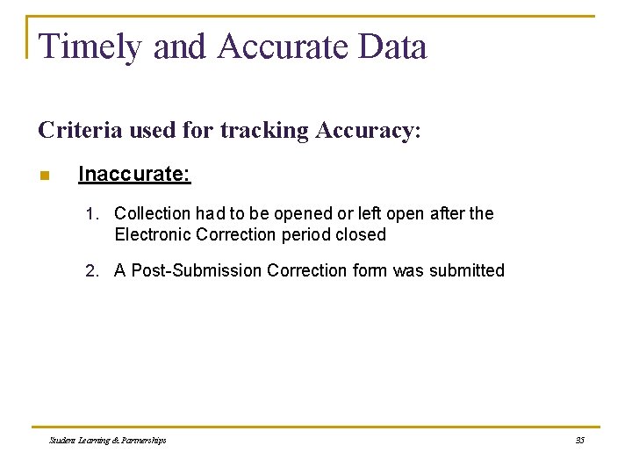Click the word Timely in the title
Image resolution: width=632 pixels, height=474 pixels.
point(90,47)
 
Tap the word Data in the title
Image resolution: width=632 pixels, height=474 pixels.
point(394,47)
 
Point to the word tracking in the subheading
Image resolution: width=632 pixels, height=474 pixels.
point(264,131)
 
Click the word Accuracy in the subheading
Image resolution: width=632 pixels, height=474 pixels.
point(367,131)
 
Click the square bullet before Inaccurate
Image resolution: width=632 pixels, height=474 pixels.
point(45,176)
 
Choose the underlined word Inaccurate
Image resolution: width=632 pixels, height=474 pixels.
point(134,174)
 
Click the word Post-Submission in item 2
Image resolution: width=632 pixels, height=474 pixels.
point(196,270)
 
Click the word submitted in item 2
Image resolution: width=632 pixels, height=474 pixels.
point(466,270)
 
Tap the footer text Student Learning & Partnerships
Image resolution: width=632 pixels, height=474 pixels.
point(108,440)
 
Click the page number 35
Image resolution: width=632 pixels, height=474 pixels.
point(579,440)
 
